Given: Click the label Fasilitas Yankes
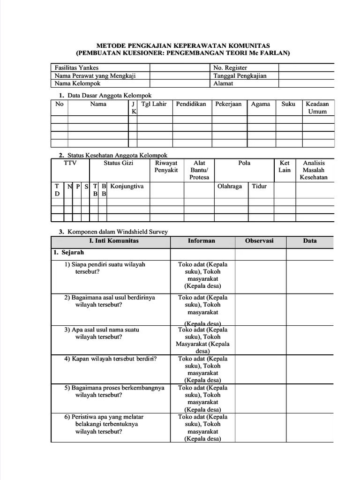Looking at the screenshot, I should coord(77,68).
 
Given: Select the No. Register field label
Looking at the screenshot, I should coord(230,68).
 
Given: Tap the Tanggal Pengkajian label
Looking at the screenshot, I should coord(240,76).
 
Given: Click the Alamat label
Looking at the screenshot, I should coord(223,84).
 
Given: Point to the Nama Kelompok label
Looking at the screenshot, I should coord(78,84).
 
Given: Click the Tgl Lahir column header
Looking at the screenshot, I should coord(154,104).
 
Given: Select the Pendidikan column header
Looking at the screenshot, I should coord(191,104).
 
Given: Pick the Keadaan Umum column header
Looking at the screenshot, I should coord(317,108).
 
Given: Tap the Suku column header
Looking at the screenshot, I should coord(288,104).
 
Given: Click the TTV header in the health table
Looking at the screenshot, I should coord(70,163).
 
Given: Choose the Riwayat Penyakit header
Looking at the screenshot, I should coord(166,166).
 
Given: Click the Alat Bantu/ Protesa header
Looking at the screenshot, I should coord(199,170).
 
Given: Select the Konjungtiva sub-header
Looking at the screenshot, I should coord(127,186).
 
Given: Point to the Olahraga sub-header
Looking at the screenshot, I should coord(230,186).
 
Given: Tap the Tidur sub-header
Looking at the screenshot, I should coord(259,186).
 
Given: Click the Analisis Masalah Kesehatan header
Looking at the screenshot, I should coord(314,170).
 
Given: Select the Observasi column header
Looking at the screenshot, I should coord(259,241).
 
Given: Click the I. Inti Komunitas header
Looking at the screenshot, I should coord(114,241).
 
